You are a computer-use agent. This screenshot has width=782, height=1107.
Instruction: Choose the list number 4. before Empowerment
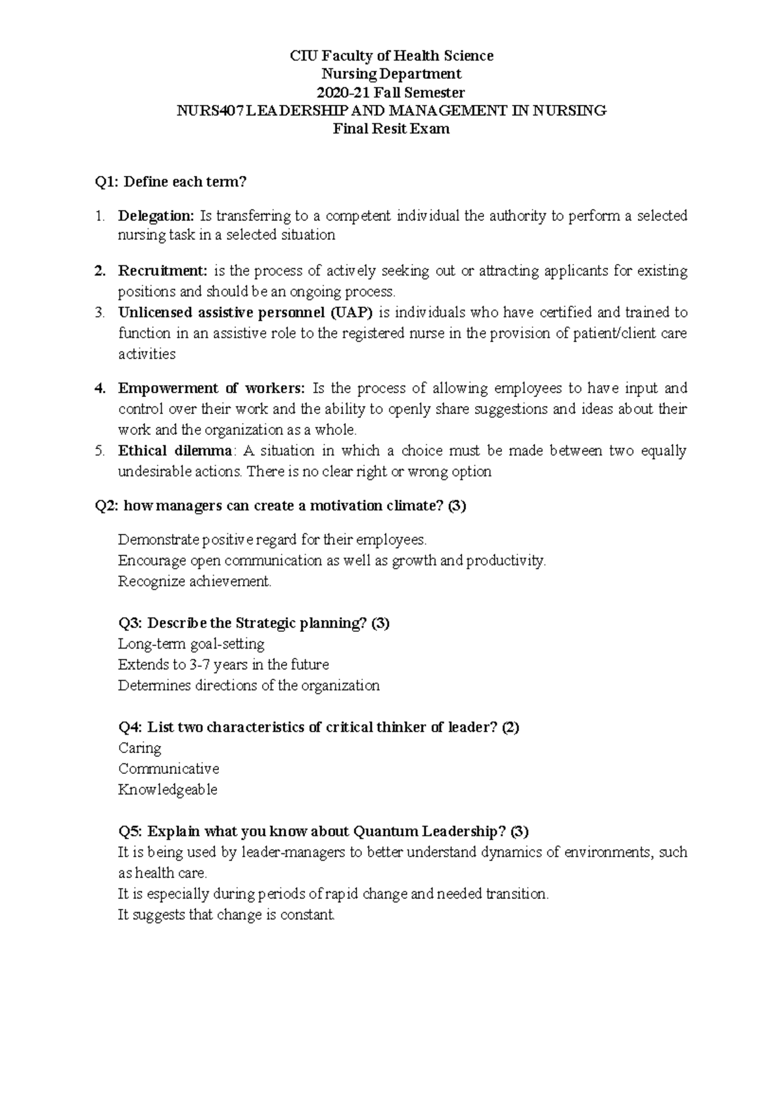[99, 389]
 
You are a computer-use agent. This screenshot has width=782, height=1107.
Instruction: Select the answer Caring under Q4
[139, 748]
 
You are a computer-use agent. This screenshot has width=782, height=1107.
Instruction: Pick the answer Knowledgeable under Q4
[167, 790]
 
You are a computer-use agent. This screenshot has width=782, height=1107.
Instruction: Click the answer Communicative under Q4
[168, 769]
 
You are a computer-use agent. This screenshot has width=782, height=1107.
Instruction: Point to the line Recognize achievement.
[194, 582]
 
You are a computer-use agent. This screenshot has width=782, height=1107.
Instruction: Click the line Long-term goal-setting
[191, 644]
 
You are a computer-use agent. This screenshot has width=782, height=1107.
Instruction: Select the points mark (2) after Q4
[510, 728]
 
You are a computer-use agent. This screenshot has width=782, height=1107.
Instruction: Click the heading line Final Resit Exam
[391, 129]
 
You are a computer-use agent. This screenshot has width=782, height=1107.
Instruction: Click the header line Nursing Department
[391, 74]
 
